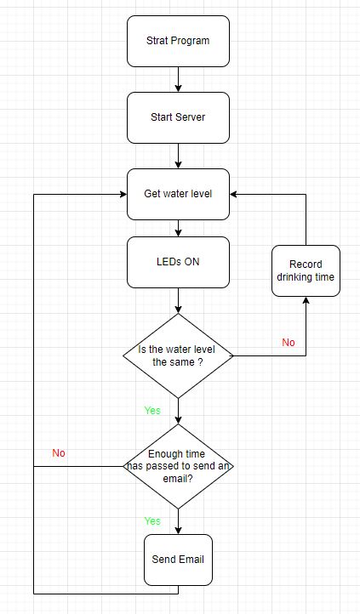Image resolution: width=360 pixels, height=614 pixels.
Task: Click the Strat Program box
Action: pyautogui.click(x=178, y=41)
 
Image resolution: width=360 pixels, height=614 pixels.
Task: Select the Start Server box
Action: pyautogui.click(x=178, y=117)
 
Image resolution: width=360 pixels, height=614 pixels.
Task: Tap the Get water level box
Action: pyautogui.click(x=178, y=194)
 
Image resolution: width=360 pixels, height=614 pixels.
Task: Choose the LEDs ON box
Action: pyautogui.click(x=178, y=262)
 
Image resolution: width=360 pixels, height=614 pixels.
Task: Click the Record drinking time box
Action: pyautogui.click(x=306, y=270)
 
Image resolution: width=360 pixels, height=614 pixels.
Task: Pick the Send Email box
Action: pyautogui.click(x=178, y=560)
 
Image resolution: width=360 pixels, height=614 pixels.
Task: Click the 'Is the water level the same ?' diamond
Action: pyautogui.click(x=178, y=355)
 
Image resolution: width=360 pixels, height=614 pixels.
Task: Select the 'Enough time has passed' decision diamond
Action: pyautogui.click(x=178, y=466)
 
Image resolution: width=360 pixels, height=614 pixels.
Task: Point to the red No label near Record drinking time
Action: pyautogui.click(x=289, y=342)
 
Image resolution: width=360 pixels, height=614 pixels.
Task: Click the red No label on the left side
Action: pyautogui.click(x=59, y=453)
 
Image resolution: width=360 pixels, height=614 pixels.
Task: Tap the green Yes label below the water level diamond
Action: pyautogui.click(x=152, y=411)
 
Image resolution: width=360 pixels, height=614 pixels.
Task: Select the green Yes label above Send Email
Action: pyautogui.click(x=152, y=520)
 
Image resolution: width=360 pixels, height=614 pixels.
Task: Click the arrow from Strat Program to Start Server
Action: pyautogui.click(x=178, y=79)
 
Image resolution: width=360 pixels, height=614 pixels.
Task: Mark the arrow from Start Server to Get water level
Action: pyautogui.click(x=178, y=156)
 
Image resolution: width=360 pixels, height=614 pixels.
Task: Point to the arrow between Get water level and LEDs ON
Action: pyautogui.click(x=178, y=228)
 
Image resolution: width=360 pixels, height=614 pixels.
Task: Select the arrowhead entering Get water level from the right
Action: pyautogui.click(x=235, y=194)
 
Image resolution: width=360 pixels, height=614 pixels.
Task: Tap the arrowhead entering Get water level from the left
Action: pyautogui.click(x=122, y=194)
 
